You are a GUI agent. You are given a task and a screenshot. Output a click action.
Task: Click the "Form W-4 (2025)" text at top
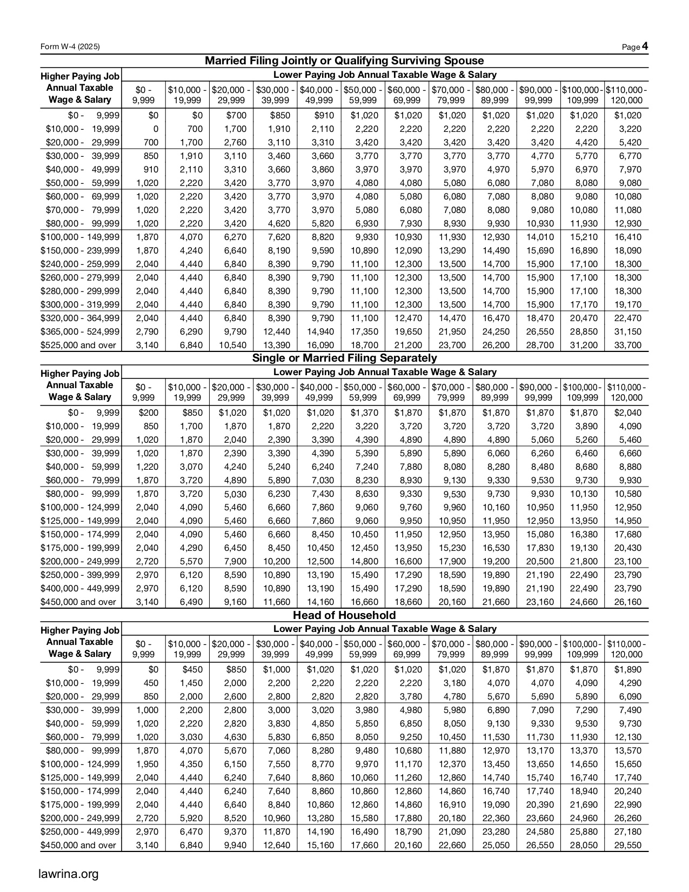(70, 48)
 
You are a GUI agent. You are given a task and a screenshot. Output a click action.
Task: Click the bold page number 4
(645, 47)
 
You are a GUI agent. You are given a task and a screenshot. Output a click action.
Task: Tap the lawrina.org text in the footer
(69, 873)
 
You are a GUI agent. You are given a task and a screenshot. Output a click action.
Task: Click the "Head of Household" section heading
(344, 615)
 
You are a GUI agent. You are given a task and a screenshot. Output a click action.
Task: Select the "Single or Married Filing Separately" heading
(344, 358)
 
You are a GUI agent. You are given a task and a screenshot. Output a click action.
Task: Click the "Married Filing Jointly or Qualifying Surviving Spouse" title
(344, 61)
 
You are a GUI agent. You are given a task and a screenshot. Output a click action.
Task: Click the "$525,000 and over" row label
(78, 345)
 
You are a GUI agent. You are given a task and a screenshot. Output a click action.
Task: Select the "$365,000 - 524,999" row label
(80, 331)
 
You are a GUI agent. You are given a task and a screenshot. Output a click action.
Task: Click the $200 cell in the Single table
(149, 413)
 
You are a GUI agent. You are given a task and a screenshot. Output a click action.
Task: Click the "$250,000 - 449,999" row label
(80, 831)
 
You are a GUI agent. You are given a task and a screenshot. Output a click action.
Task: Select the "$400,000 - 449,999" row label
(80, 588)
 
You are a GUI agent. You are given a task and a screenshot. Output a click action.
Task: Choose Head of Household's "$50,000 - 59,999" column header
(363, 649)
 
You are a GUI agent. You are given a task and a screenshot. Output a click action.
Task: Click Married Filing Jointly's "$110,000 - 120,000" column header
(627, 95)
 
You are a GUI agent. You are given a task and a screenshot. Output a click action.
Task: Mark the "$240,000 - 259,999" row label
(80, 264)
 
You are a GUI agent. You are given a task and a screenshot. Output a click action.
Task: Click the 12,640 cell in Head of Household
(276, 845)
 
